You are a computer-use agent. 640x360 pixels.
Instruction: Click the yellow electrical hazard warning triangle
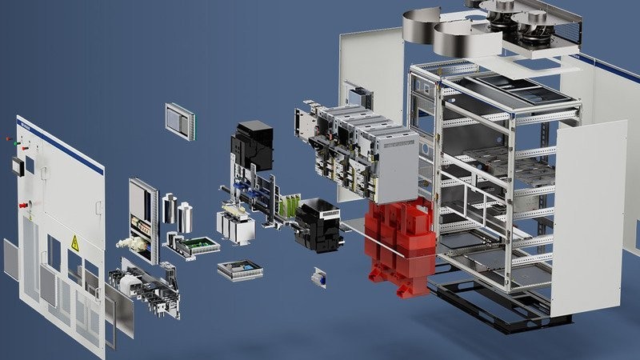pos(75,243)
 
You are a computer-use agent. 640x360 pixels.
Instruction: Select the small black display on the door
pos(16,166)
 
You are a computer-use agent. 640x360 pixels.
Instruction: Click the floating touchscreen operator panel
pos(178,121)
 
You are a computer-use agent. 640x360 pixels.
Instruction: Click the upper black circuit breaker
pos(254,144)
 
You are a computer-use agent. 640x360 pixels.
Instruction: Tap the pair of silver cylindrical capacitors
pos(178,212)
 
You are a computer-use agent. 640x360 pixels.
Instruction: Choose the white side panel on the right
pos(588,216)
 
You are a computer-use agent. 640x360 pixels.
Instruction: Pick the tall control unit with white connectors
pos(143,216)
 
